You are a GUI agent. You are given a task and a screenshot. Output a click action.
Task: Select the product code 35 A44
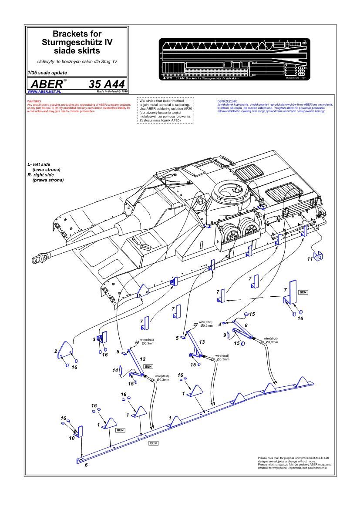coord(106,84)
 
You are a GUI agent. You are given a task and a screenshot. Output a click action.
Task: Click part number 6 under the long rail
coord(86,465)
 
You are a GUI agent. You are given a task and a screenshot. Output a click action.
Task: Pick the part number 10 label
coord(72,438)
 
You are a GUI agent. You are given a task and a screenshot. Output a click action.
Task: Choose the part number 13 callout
coord(202,342)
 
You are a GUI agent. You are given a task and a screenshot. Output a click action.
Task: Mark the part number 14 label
coord(115,370)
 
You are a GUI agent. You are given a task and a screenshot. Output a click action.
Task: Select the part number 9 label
coord(225,335)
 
